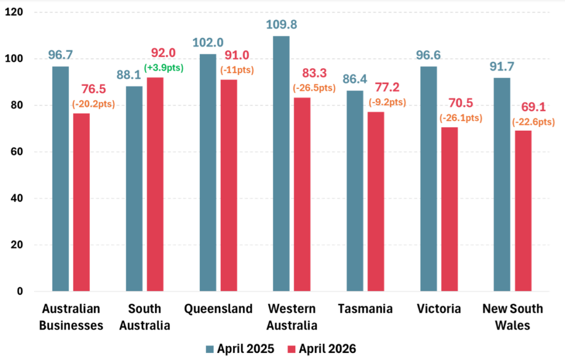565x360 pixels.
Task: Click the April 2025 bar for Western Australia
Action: point(281,163)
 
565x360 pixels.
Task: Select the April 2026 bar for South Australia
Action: point(155,184)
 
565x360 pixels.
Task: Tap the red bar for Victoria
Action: point(449,209)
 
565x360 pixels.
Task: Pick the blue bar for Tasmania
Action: point(355,191)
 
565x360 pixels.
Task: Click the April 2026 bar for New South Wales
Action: point(523,211)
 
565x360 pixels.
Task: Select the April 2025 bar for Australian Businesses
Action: point(61,179)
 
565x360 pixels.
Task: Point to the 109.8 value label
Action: point(281,24)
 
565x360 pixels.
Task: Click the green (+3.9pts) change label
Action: point(164,68)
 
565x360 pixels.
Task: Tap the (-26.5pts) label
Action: point(314,88)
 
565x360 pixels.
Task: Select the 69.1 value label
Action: point(534,107)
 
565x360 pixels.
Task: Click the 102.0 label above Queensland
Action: point(208,42)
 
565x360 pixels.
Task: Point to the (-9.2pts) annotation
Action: point(387,102)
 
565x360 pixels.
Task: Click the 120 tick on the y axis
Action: point(14,12)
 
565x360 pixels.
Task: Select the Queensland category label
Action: point(218,309)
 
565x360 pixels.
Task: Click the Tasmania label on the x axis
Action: point(365,309)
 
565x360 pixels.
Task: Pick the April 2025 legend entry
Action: point(240,349)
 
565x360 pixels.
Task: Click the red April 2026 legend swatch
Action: point(291,349)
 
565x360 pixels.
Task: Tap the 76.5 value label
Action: point(93,89)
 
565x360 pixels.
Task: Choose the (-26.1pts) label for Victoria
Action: point(461,118)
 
